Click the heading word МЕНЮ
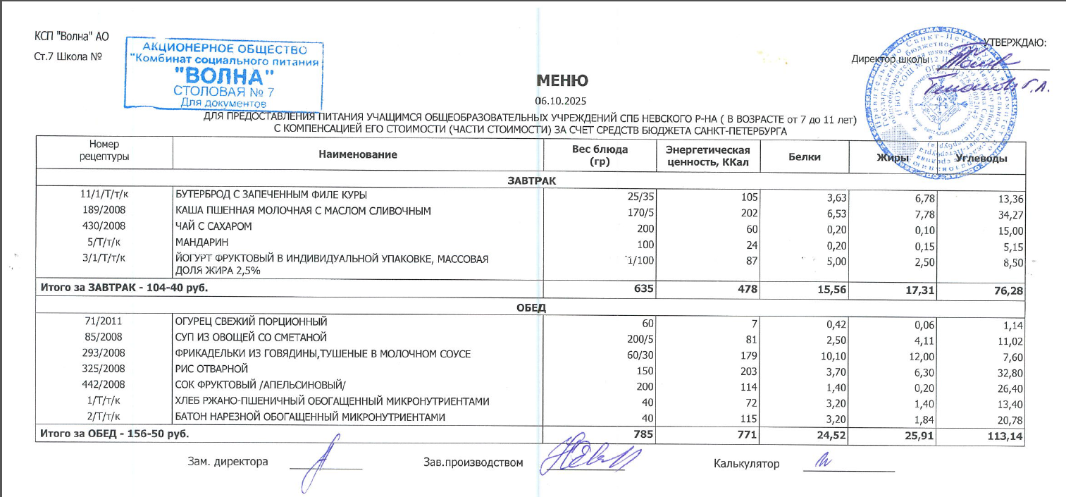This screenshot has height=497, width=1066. click(x=561, y=80)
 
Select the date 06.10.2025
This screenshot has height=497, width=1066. click(x=561, y=101)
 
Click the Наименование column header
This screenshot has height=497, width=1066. click(x=357, y=154)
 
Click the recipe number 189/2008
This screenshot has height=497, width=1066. click(x=104, y=211)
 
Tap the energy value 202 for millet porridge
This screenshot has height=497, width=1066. click(x=748, y=211)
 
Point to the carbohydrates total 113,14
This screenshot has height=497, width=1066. click(x=1005, y=434)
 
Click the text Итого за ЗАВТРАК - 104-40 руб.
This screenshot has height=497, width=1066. click(x=123, y=288)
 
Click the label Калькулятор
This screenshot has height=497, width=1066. click(x=746, y=463)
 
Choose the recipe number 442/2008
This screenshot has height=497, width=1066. click(x=104, y=385)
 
